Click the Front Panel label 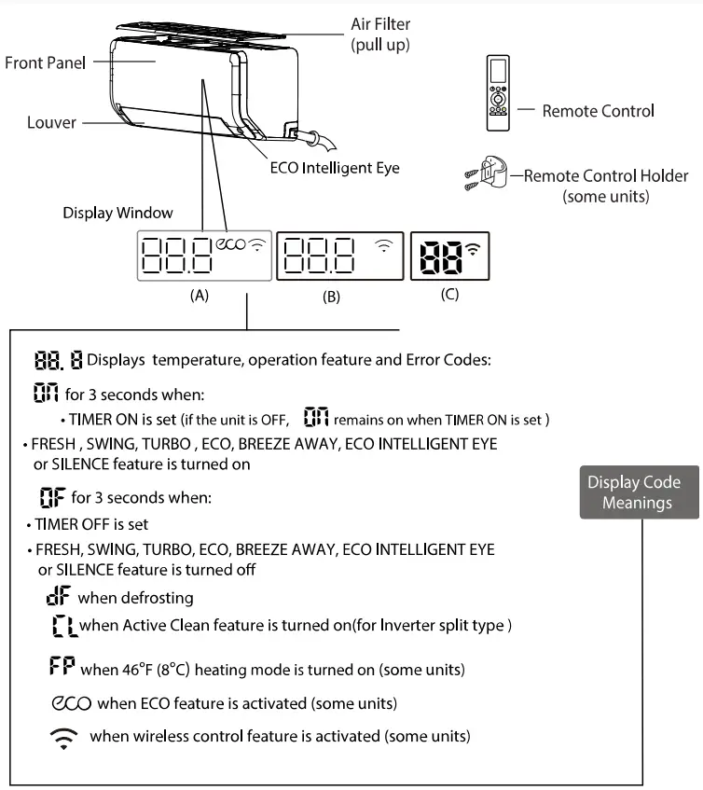point(45,62)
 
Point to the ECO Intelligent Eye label point(334,168)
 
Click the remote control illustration point(499,91)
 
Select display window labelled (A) point(204,255)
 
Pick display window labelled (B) point(339,255)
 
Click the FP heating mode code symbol point(63,668)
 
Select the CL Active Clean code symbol point(65,626)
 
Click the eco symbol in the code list point(69,701)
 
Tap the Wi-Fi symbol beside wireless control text point(64,737)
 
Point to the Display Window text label point(104,213)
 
